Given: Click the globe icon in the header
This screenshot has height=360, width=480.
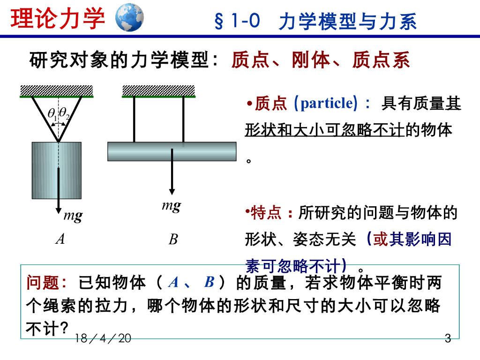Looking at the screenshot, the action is pyautogui.click(x=129, y=17).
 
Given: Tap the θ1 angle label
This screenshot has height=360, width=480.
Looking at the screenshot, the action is pyautogui.click(x=52, y=113).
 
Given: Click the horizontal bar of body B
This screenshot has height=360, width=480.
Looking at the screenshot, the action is pyautogui.click(x=172, y=151).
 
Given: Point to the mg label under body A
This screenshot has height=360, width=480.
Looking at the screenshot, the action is pyautogui.click(x=73, y=216).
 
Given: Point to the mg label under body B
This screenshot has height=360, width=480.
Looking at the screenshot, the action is pyautogui.click(x=171, y=206).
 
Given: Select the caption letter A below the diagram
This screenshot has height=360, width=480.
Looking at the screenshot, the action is pyautogui.click(x=60, y=240).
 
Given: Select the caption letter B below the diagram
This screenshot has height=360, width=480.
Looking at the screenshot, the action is pyautogui.click(x=173, y=240).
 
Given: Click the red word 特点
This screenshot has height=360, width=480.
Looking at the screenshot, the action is pyautogui.click(x=266, y=213).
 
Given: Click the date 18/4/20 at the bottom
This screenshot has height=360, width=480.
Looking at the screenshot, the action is pyautogui.click(x=103, y=338).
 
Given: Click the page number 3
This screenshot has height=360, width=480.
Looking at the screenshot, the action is pyautogui.click(x=447, y=338).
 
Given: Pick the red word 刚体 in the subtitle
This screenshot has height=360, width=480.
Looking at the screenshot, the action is pyautogui.click(x=311, y=60).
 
